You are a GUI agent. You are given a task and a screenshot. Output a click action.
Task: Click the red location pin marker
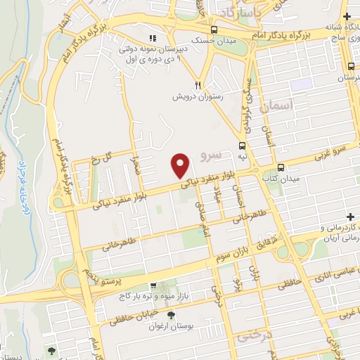point(181,165)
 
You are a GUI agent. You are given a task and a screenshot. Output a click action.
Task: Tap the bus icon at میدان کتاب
point(281,168)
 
